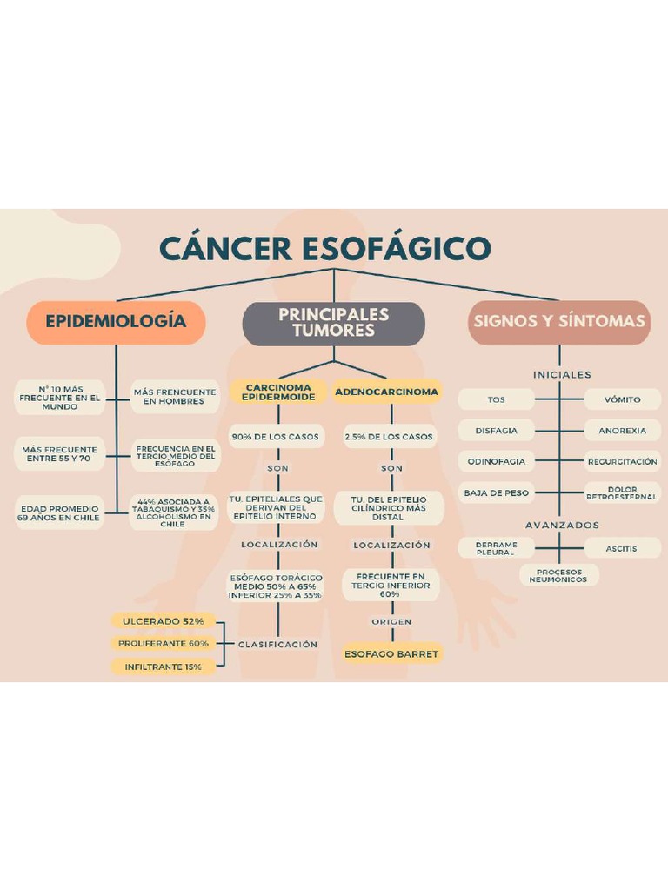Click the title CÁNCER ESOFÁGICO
tap(325, 248)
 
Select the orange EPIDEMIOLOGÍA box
tap(116, 322)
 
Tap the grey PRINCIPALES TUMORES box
tap(333, 323)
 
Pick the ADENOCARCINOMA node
tap(386, 392)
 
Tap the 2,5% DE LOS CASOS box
tap(388, 437)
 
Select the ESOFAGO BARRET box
tap(391, 653)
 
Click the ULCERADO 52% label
tap(163, 621)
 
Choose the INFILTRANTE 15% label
tap(163, 667)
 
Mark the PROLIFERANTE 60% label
tap(164, 644)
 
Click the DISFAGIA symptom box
tap(496, 431)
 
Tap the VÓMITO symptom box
tap(623, 399)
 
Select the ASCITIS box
tap(623, 548)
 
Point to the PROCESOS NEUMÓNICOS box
tap(558, 575)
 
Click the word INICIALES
tap(562, 375)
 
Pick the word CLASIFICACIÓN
tap(278, 645)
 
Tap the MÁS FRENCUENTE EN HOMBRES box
tap(174, 397)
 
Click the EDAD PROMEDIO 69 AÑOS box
tap(59, 512)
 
